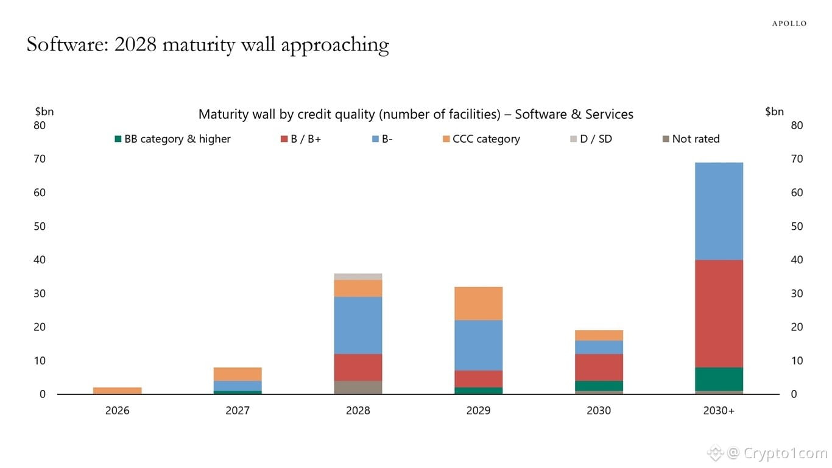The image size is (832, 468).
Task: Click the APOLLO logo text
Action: tap(789, 24)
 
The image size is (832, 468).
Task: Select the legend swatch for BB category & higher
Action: tap(119, 139)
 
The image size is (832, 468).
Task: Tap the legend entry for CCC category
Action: tap(481, 139)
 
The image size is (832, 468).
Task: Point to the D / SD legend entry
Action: tap(590, 139)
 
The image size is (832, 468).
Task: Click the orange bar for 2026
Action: tap(117, 391)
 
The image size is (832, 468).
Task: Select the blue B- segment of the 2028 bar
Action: tap(358, 325)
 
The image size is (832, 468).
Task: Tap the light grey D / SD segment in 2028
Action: tap(358, 277)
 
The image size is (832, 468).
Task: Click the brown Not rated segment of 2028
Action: tap(358, 388)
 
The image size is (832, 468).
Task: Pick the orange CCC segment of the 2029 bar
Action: tap(478, 303)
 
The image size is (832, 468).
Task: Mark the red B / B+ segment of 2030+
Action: tap(719, 314)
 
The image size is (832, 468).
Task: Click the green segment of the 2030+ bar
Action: tap(719, 379)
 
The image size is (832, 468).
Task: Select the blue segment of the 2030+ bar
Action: tap(719, 211)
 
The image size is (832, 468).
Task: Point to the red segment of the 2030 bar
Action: tap(599, 367)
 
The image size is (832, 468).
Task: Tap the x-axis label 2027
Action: tap(238, 411)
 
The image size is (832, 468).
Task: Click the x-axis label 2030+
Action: tap(719, 411)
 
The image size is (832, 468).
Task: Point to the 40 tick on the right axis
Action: tap(797, 260)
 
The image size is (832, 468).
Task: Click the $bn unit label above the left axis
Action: tap(44, 112)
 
